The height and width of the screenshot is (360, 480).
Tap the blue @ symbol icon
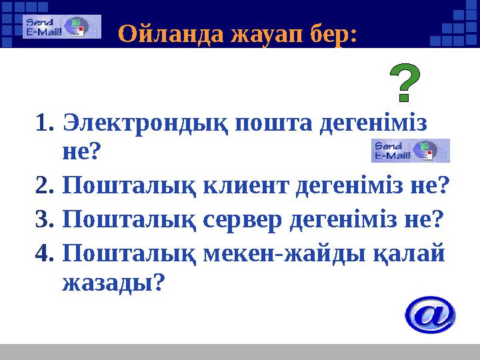(430, 315)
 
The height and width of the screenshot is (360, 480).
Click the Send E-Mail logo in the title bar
(61, 27)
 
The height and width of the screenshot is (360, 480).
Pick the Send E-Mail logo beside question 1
(410, 151)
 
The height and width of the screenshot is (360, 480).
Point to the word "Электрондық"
(146, 124)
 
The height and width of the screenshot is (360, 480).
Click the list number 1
(45, 124)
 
